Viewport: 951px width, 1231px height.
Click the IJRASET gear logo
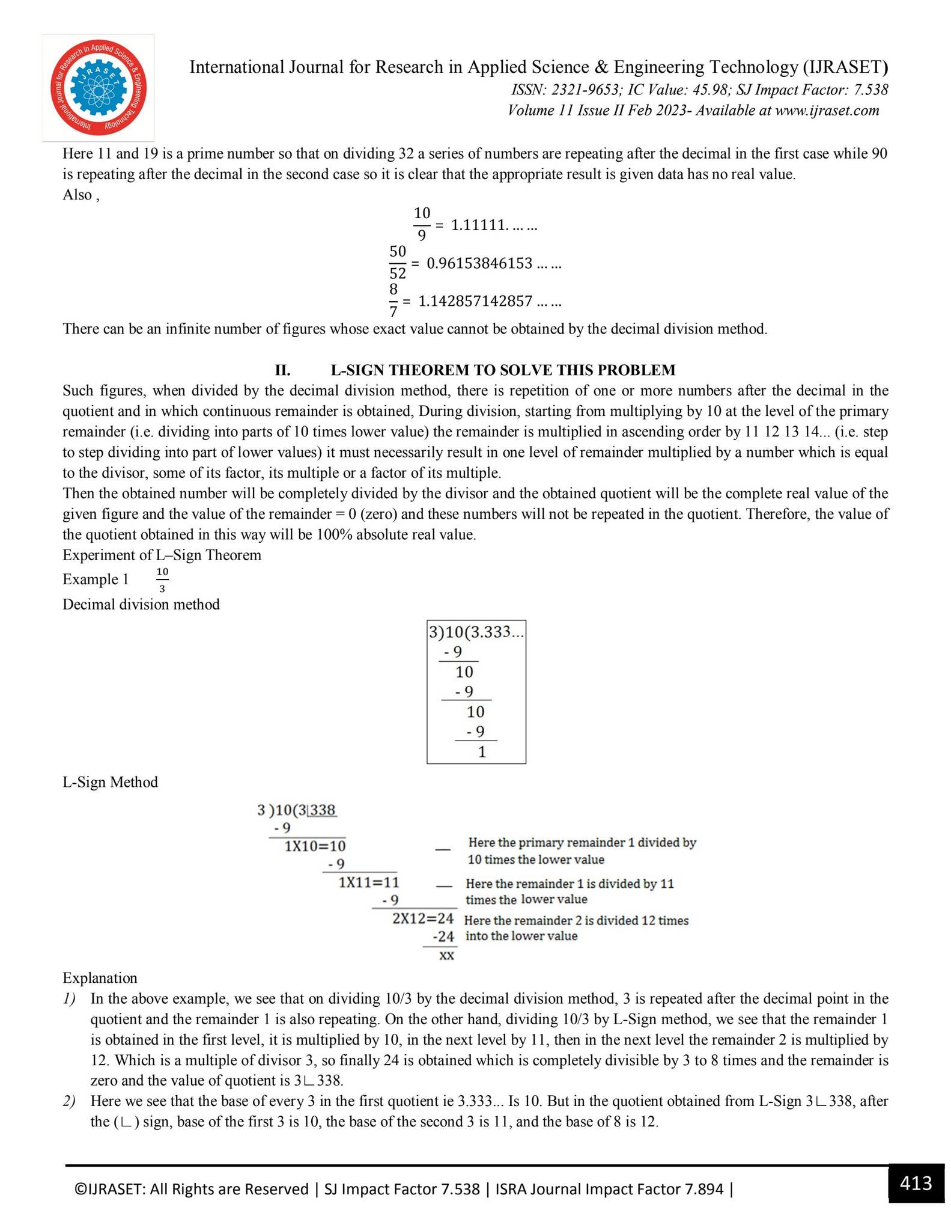(x=98, y=88)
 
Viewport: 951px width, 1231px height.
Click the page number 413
(x=916, y=1183)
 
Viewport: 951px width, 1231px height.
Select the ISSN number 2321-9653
(x=585, y=90)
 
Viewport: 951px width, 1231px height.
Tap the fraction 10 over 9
(x=422, y=224)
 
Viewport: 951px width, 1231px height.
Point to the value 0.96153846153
(x=479, y=263)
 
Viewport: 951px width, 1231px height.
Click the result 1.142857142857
(x=475, y=301)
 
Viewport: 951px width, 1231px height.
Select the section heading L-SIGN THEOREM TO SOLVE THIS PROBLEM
(x=503, y=370)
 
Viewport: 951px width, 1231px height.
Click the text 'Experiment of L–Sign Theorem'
(x=162, y=554)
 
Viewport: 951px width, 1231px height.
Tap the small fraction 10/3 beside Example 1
(x=162, y=579)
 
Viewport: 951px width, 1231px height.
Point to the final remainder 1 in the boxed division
(x=482, y=751)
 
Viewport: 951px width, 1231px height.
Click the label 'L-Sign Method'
(x=110, y=782)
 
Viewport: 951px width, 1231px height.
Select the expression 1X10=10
(x=315, y=846)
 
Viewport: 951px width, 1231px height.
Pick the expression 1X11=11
(x=369, y=882)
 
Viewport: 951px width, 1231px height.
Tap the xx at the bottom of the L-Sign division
(x=446, y=955)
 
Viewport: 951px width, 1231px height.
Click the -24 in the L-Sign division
(x=443, y=936)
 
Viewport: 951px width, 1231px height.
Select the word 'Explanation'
(x=100, y=977)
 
